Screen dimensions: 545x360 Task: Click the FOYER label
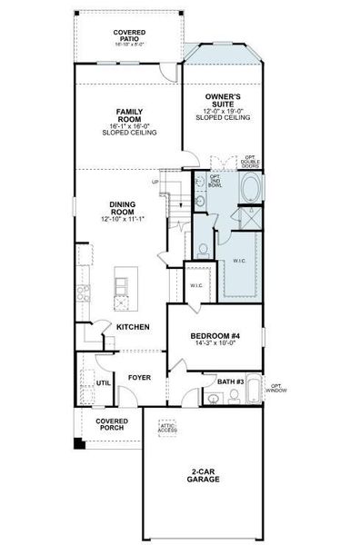(138, 376)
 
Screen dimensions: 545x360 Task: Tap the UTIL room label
(103, 383)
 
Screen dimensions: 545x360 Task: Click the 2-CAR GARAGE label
(203, 477)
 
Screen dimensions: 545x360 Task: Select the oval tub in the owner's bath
(250, 188)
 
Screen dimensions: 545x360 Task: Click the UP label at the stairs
(155, 182)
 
